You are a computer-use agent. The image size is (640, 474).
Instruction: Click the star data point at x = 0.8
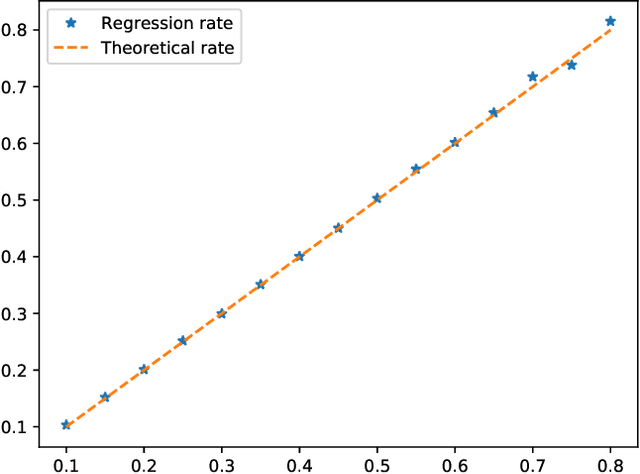click(x=610, y=21)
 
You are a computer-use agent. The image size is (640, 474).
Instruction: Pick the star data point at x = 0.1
click(x=66, y=425)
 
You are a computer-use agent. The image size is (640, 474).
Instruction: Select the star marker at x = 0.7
click(x=532, y=77)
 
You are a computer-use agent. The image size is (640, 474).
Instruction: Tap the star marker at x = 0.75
click(x=571, y=65)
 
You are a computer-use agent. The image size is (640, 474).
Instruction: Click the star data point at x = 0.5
click(x=377, y=199)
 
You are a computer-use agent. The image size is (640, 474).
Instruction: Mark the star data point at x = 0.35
click(x=260, y=285)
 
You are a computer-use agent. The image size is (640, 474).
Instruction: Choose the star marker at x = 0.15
click(x=105, y=397)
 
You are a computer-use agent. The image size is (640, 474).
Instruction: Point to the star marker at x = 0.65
click(x=493, y=113)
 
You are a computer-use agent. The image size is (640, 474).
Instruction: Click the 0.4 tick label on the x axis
click(x=299, y=463)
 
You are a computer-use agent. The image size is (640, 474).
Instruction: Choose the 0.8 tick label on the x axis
click(x=610, y=463)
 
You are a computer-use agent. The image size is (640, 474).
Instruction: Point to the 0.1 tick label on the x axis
click(x=66, y=463)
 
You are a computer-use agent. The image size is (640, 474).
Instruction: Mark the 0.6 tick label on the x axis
click(x=455, y=463)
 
